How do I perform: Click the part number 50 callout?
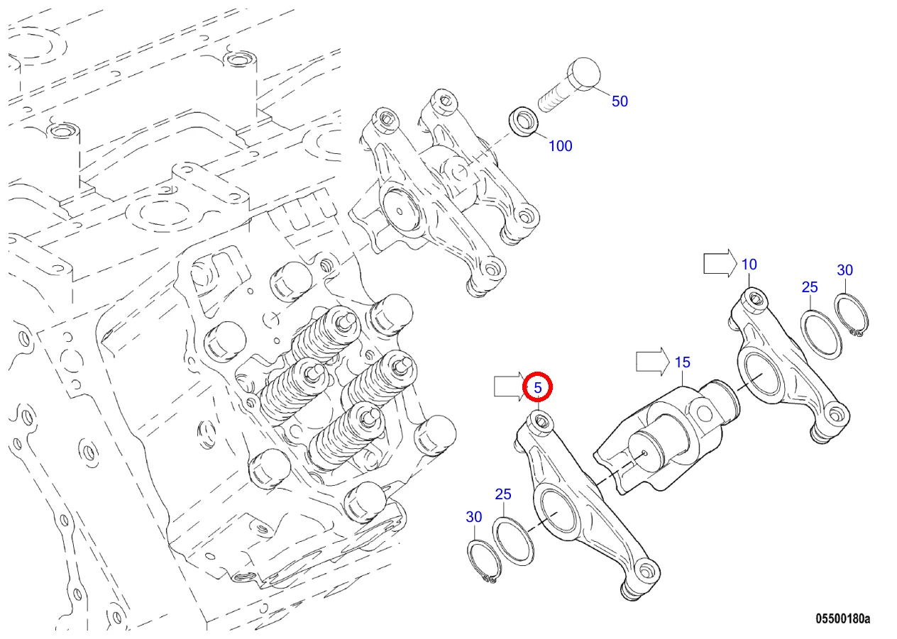coord(620,101)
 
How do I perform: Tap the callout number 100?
coord(560,146)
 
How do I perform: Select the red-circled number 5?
coord(538,387)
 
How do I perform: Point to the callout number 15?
coord(683,362)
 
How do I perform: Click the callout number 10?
coord(749,265)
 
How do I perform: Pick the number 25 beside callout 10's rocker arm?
coord(810,287)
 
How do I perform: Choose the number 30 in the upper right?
coord(845,270)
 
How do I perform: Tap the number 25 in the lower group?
coord(503,494)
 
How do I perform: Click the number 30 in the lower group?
coord(474,517)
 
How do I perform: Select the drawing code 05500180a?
coord(843,618)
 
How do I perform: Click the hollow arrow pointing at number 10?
coord(720,263)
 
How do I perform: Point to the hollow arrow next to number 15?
coord(653,361)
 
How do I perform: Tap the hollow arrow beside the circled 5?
coord(510,387)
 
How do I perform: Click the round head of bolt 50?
coord(584,73)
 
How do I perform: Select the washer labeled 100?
coord(524,121)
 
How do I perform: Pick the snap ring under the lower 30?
coord(484,562)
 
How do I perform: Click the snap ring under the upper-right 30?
coord(851,315)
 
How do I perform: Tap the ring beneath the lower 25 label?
coord(513,541)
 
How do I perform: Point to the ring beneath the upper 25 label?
coord(821,335)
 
